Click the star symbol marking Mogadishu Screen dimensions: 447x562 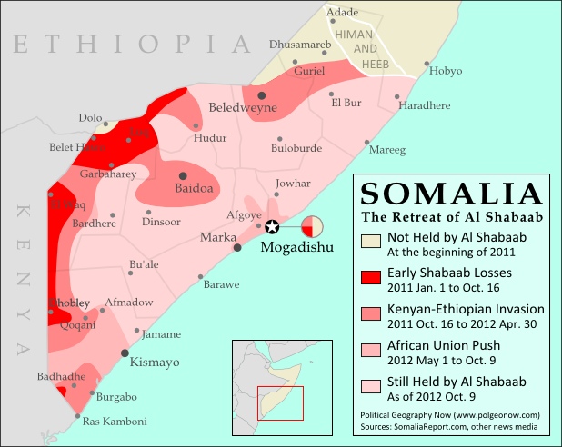click(x=270, y=225)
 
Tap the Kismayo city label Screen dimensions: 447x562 click(x=157, y=362)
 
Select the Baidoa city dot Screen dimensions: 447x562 click(x=183, y=175)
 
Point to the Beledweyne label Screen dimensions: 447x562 click(x=243, y=107)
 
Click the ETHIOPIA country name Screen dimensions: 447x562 click(x=132, y=44)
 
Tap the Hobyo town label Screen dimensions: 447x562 click(x=445, y=71)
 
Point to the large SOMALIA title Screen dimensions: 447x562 click(x=451, y=194)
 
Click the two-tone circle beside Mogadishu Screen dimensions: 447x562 click(x=312, y=225)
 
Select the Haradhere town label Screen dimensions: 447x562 click(x=425, y=105)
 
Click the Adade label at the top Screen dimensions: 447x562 click(x=342, y=12)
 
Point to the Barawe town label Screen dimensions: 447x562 click(x=221, y=284)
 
